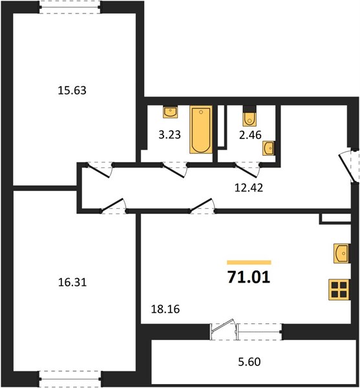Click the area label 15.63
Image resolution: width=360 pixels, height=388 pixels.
pyautogui.click(x=72, y=91)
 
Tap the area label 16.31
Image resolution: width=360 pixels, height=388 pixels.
pyautogui.click(x=72, y=283)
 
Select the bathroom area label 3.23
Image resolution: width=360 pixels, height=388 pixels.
pyautogui.click(x=169, y=135)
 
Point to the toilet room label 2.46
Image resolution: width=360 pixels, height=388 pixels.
pyautogui.click(x=250, y=135)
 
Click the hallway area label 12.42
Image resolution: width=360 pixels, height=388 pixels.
pyautogui.click(x=248, y=188)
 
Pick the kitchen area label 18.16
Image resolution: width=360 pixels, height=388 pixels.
pyautogui.click(x=165, y=309)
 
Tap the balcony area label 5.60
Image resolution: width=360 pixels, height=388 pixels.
pyautogui.click(x=249, y=362)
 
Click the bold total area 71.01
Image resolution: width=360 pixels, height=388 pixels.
pyautogui.click(x=249, y=277)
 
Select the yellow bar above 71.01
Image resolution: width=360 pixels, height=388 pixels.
pyautogui.click(x=249, y=263)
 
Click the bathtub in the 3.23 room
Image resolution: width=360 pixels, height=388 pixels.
pyautogui.click(x=201, y=130)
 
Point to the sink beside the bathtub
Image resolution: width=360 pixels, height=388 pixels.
pyautogui.click(x=171, y=112)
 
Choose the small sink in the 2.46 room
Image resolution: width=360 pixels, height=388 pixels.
pyautogui.click(x=268, y=148)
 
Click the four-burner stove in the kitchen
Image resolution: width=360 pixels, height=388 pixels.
pyautogui.click(x=339, y=290)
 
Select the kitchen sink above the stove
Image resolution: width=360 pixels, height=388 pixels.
pyautogui.click(x=341, y=253)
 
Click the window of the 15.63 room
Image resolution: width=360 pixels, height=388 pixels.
pyautogui.click(x=69, y=7)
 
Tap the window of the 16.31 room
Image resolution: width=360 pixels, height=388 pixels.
pyautogui.click(x=69, y=379)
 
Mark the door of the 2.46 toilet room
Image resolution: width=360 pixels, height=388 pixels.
pyautogui.click(x=247, y=169)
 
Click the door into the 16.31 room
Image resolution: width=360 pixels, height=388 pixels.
pyautogui.click(x=114, y=206)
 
